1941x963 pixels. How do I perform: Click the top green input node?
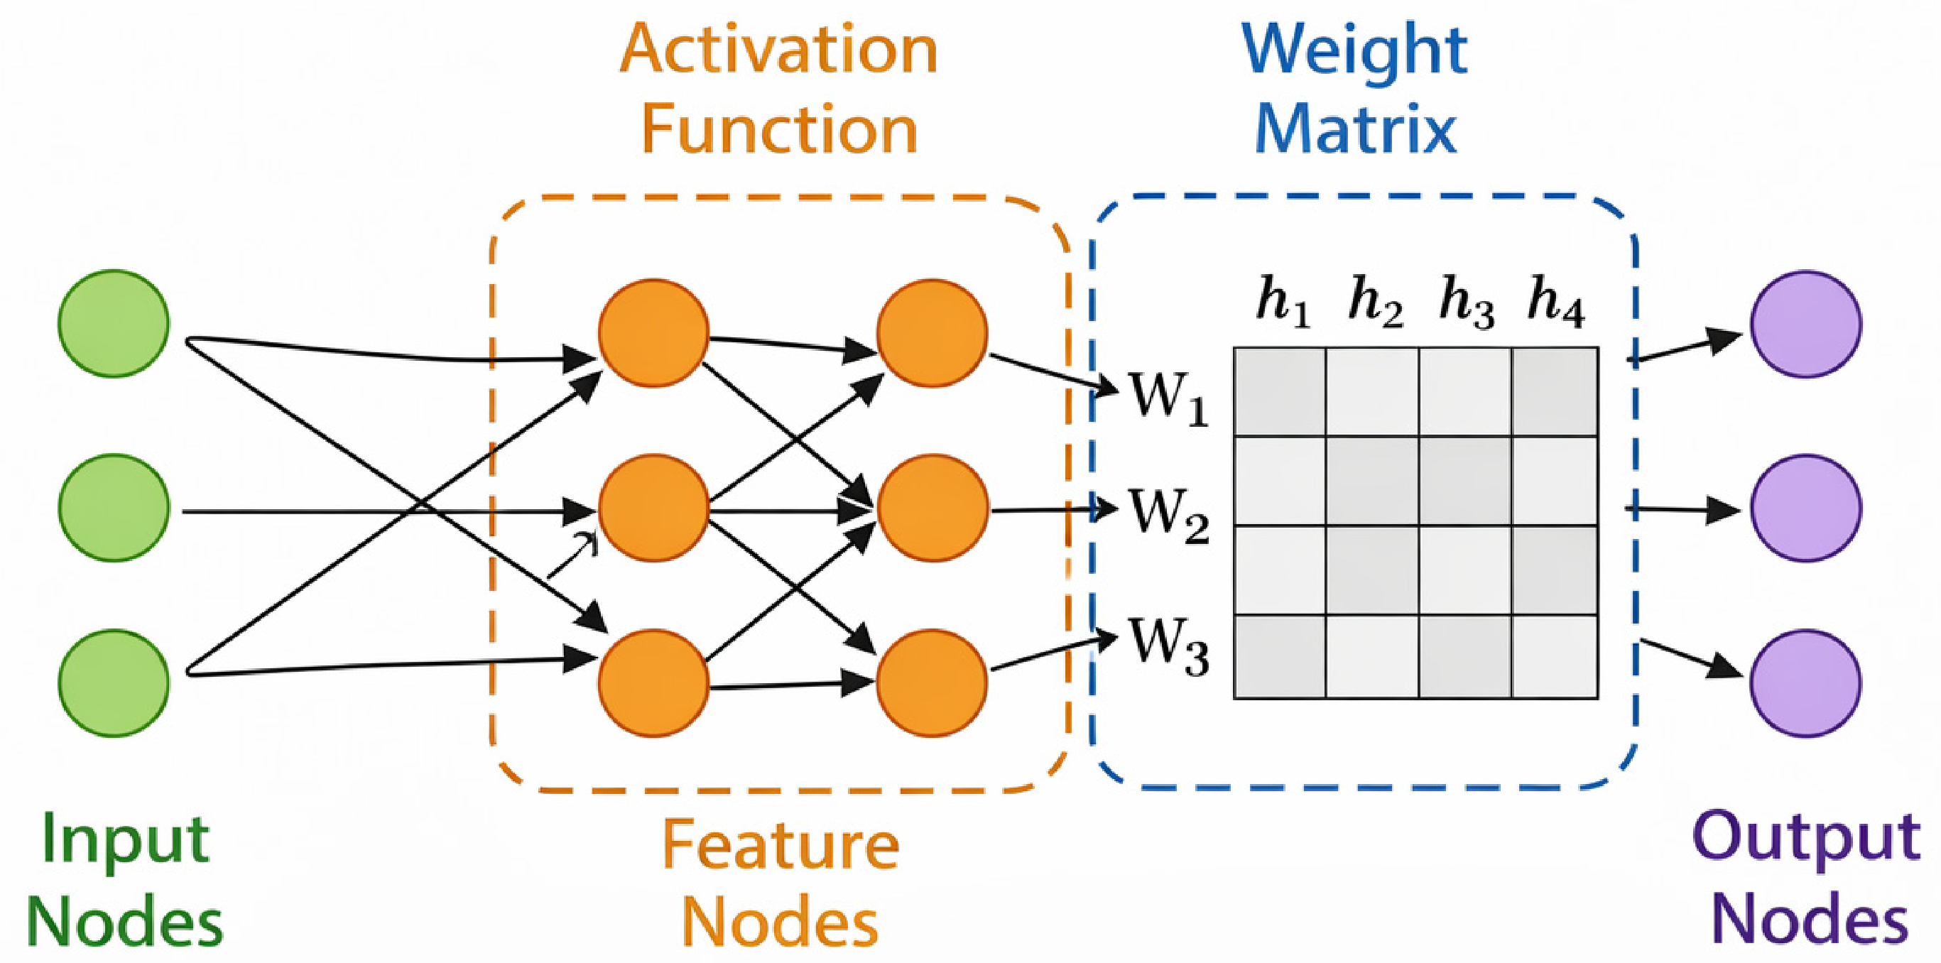(114, 323)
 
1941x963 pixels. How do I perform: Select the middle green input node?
(114, 508)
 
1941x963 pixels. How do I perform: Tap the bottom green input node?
(114, 682)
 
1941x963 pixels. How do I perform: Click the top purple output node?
(1806, 324)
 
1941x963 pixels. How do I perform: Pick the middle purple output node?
(1806, 508)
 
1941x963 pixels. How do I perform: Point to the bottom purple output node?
(1806, 682)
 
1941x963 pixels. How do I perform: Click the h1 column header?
(1283, 302)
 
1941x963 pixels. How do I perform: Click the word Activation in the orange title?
(779, 49)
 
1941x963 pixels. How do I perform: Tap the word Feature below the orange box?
(781, 845)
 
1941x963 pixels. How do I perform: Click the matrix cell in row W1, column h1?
(1281, 392)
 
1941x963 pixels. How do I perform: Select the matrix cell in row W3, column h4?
(1555, 656)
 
